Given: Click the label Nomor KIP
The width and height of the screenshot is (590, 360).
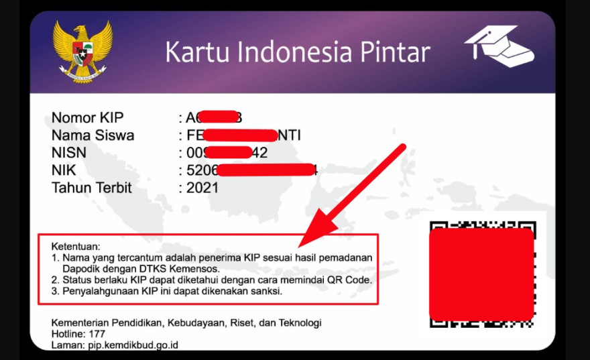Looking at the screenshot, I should click(88, 118).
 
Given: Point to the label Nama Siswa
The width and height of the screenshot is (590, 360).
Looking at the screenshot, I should click(93, 135).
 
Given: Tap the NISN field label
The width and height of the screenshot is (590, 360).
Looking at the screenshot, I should click(69, 153).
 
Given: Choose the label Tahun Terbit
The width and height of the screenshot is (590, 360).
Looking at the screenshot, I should click(92, 188).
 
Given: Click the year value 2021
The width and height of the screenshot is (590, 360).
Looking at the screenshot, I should click(202, 188).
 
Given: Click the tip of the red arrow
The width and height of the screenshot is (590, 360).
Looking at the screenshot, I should click(301, 244).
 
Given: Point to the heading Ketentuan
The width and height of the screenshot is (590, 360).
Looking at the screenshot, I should click(75, 247).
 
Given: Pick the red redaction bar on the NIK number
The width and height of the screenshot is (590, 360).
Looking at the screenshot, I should click(266, 170).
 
